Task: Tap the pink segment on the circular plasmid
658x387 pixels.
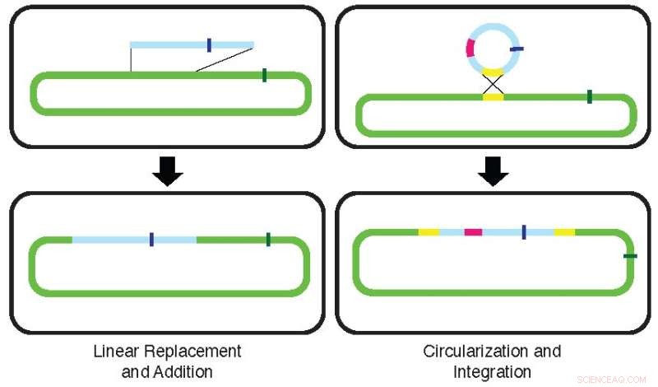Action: [x=470, y=48]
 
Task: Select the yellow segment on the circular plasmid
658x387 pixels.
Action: [x=492, y=72]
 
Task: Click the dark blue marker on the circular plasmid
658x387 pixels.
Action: [x=517, y=49]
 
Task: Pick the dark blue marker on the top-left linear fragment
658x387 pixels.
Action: [x=209, y=44]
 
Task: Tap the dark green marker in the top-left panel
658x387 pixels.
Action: [x=264, y=76]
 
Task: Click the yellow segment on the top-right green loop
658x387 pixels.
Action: [x=492, y=97]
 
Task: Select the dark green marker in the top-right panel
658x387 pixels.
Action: [x=590, y=97]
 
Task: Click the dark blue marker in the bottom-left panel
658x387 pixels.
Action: [x=152, y=240]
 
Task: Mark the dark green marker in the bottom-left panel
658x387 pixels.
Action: [x=268, y=240]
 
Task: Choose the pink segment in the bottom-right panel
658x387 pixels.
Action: [x=473, y=232]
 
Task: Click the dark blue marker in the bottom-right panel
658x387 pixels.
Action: [x=524, y=232]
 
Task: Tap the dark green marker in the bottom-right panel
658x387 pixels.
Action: [x=629, y=256]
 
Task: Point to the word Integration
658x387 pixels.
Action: [x=493, y=371]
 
